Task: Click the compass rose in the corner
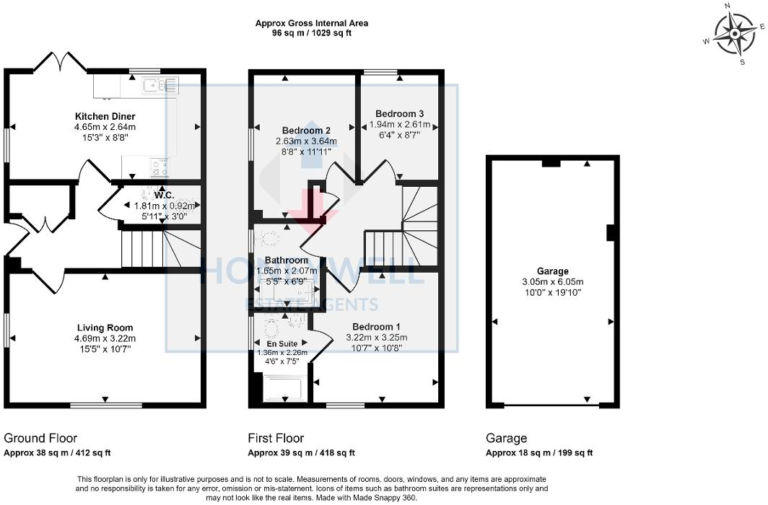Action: point(736,33)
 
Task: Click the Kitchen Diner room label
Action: point(105,116)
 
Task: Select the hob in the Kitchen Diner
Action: point(159,168)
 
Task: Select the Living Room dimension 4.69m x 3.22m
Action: point(105,338)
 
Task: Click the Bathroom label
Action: point(286,260)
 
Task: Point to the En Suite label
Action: point(282,343)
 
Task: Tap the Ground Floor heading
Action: point(40,438)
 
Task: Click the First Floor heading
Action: point(276,438)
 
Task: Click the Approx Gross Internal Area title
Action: point(311,23)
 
